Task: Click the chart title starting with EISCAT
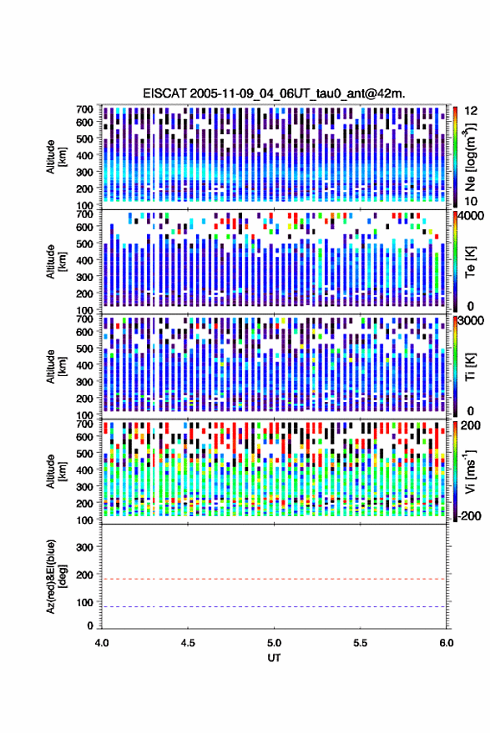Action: click(274, 93)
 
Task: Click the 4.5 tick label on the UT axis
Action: click(188, 643)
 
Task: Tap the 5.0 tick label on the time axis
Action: click(275, 643)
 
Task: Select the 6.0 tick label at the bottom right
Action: click(447, 643)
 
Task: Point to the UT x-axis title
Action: click(274, 658)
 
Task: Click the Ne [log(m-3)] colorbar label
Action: click(470, 157)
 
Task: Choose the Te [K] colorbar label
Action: click(470, 262)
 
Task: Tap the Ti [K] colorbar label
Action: click(470, 367)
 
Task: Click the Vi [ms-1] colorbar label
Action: click(470, 471)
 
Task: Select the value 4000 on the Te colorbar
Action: click(472, 217)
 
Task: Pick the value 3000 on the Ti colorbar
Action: click(472, 321)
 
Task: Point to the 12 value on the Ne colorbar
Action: click(472, 111)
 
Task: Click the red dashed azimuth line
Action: click(274, 579)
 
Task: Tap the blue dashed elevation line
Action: click(274, 607)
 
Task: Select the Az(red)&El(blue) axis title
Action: click(55, 576)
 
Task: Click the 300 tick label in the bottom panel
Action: click(84, 547)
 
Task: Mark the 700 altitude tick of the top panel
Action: click(84, 109)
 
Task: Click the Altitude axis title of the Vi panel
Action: click(55, 471)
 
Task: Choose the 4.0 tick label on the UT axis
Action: click(102, 643)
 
